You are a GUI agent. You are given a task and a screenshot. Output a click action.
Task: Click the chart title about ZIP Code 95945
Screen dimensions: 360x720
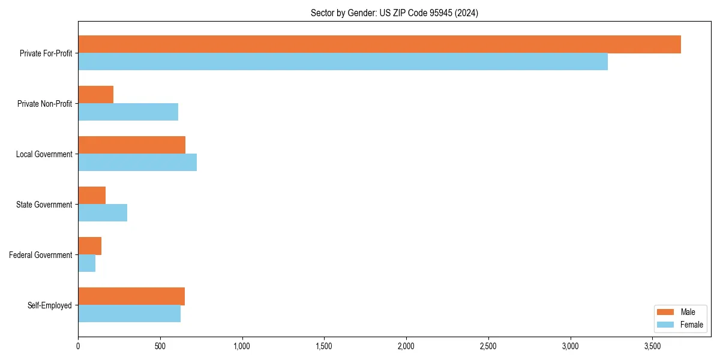[394, 13]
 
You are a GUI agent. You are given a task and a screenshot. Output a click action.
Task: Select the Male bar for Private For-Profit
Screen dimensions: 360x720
[379, 44]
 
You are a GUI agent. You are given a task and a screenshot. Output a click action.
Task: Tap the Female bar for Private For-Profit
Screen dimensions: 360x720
[343, 62]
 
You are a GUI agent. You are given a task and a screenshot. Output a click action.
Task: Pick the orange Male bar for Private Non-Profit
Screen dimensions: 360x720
[96, 95]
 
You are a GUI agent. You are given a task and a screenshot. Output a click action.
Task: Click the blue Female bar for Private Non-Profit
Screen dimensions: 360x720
[128, 112]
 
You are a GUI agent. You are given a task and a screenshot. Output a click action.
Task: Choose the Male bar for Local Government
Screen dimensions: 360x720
[132, 145]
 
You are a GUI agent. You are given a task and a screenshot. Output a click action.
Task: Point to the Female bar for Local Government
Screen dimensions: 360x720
[137, 163]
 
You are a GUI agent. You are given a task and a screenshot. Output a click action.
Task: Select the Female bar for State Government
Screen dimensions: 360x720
[103, 213]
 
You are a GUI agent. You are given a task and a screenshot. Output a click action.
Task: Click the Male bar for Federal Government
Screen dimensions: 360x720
[90, 246]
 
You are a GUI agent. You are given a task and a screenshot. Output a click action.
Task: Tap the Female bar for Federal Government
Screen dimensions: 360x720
[87, 263]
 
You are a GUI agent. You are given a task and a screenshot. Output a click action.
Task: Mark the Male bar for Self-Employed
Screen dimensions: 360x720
[131, 296]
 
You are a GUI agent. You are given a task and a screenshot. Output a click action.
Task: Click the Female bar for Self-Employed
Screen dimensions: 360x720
[130, 314]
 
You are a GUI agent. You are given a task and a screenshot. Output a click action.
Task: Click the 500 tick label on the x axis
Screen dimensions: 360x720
[160, 346]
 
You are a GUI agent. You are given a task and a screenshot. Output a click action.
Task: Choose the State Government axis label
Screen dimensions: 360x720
[44, 205]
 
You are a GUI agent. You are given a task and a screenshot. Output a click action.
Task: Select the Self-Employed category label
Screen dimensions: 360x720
[50, 305]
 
